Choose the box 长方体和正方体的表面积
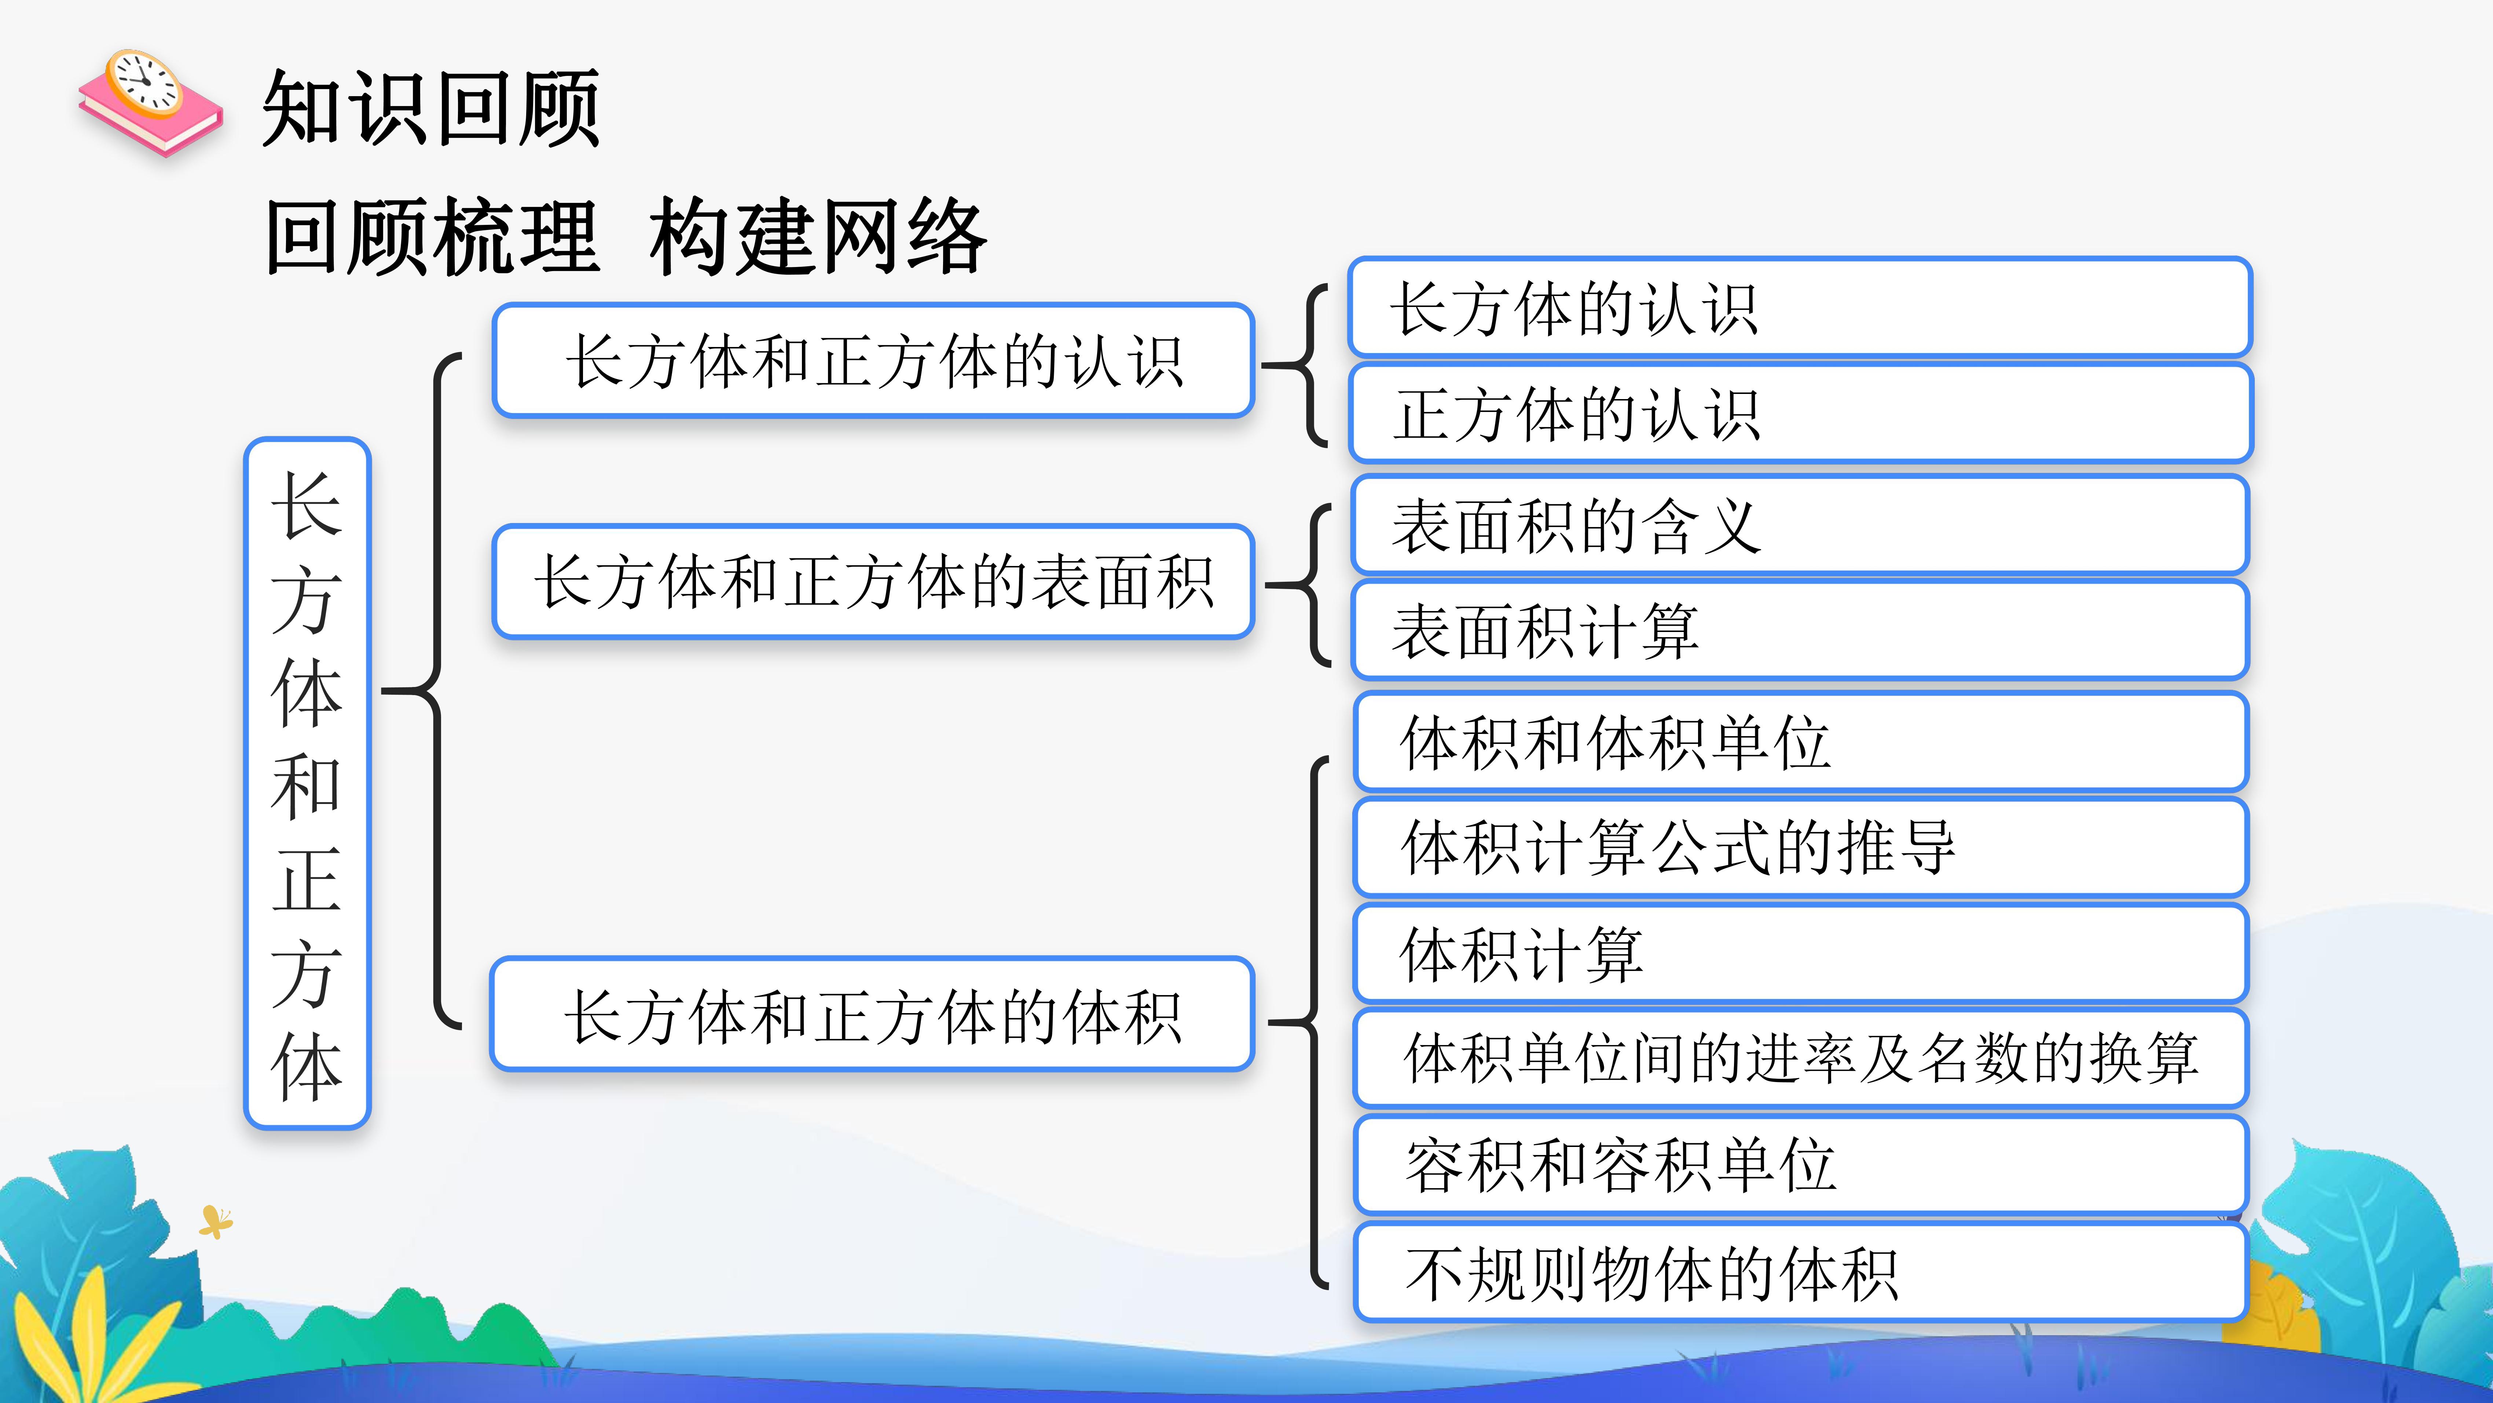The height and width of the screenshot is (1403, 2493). tap(873, 582)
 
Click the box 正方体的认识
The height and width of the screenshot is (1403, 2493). tap(1800, 413)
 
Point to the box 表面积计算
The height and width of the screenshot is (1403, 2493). tap(1800, 630)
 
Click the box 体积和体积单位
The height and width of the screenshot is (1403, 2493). tap(1800, 742)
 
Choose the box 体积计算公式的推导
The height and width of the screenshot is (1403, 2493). tap(1800, 847)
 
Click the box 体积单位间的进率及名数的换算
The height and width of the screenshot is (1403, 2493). tap(1800, 1058)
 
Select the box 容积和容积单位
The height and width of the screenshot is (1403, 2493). tap(1800, 1165)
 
